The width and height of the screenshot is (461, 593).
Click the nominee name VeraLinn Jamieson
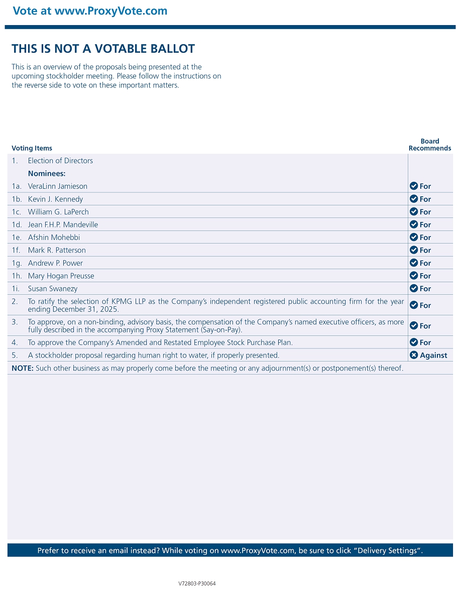pos(57,186)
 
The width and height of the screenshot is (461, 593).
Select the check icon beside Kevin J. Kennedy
pos(414,199)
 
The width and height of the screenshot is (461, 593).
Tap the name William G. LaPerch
pos(58,212)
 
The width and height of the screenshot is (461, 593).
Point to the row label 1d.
pos(17,224)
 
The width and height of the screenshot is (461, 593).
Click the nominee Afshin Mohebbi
pos(54,238)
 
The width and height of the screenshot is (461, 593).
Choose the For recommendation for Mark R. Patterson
pos(425,250)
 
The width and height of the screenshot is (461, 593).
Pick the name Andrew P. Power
pos(55,263)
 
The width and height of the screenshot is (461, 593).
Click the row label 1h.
pos(17,276)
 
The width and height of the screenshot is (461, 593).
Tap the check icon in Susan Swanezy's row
pos(414,289)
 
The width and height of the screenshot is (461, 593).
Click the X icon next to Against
pos(414,355)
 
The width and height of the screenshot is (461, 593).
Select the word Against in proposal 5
pos(433,355)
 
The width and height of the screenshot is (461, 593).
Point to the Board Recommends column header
pos(430,145)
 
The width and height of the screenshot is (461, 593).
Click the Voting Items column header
pos(32,148)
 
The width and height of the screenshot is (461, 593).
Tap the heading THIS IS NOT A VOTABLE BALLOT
pos(103,49)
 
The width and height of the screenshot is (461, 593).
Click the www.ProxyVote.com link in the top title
pos(111,11)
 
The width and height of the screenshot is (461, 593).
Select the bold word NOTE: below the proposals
pos(23,368)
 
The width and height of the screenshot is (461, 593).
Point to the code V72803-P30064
pos(197,583)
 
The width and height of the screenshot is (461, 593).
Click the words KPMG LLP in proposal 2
pos(132,302)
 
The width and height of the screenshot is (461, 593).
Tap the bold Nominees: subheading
pos(47,174)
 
